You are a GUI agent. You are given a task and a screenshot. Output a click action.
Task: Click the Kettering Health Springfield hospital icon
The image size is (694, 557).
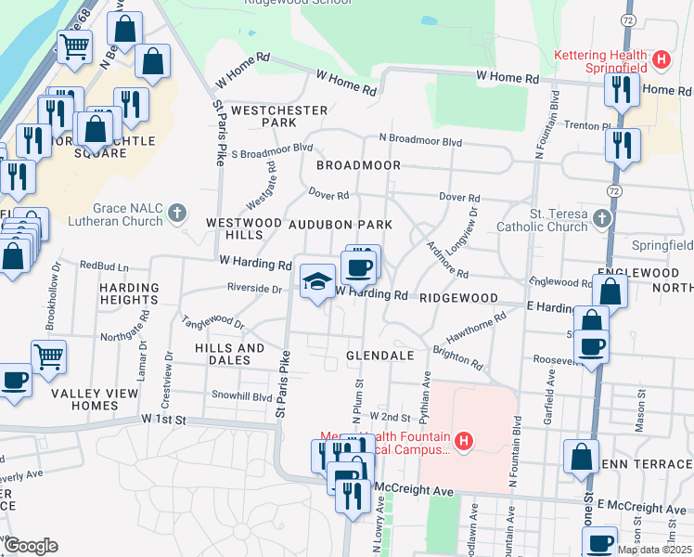click(x=662, y=60)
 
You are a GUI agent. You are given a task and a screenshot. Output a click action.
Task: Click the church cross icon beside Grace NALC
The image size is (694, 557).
click(x=178, y=215)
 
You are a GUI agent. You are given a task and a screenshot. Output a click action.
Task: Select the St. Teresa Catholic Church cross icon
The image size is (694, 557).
click(x=602, y=219)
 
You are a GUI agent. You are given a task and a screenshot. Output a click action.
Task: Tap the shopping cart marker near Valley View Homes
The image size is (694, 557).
click(x=48, y=356)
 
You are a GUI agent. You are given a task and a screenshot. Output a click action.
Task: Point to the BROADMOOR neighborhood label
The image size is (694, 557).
click(x=358, y=165)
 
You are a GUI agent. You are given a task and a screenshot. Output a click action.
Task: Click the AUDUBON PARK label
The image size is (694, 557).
click(x=340, y=225)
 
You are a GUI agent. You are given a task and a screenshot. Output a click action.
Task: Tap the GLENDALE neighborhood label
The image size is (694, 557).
click(x=379, y=356)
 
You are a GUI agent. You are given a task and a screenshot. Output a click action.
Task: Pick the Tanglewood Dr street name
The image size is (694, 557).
click(x=213, y=322)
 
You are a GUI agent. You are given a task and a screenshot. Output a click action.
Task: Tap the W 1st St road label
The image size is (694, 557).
click(x=164, y=420)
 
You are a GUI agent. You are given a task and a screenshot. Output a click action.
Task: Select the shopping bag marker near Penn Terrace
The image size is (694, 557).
click(x=581, y=458)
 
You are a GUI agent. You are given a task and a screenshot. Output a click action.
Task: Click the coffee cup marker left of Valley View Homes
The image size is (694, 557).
click(x=14, y=382)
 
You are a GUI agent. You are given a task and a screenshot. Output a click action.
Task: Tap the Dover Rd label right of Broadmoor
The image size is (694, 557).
click(x=459, y=198)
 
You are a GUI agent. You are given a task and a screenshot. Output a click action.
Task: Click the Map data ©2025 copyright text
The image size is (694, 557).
click(x=654, y=550)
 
